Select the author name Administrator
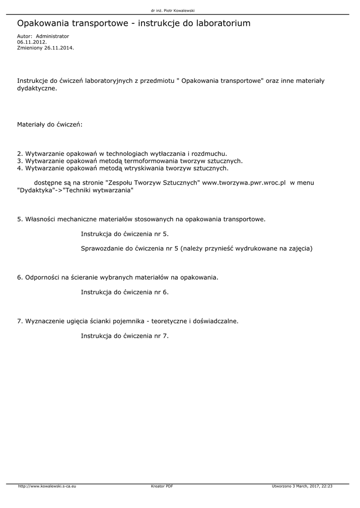tap(53, 36)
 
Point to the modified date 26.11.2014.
tap(59, 48)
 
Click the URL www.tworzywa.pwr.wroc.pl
tap(244, 183)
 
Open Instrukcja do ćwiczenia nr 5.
tap(125, 233)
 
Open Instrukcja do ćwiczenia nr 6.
tap(125, 292)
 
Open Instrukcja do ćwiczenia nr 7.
tap(125, 336)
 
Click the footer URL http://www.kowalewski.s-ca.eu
tap(47, 486)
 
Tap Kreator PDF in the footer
tap(162, 486)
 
